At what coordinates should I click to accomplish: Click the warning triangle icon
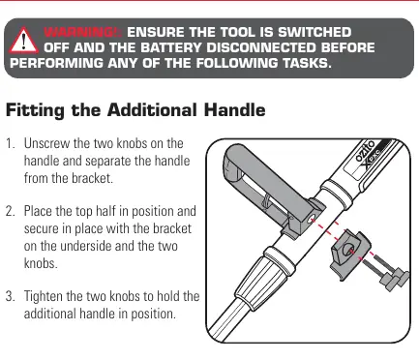coord(23,41)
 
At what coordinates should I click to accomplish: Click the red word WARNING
coord(82,32)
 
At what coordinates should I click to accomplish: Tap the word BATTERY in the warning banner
coord(170,47)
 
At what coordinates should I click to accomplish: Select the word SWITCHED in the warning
coord(314,32)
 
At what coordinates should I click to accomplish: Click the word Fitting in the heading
coord(35,110)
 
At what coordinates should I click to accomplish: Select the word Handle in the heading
coord(234,110)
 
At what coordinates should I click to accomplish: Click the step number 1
coord(11,143)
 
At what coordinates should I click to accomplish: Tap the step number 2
coord(11,211)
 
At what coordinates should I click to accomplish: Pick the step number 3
coord(11,296)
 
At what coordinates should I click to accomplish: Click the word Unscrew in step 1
coord(46,143)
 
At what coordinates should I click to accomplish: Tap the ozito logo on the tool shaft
coord(365,151)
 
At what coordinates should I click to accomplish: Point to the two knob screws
coord(386,272)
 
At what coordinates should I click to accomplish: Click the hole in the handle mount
coord(313,221)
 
